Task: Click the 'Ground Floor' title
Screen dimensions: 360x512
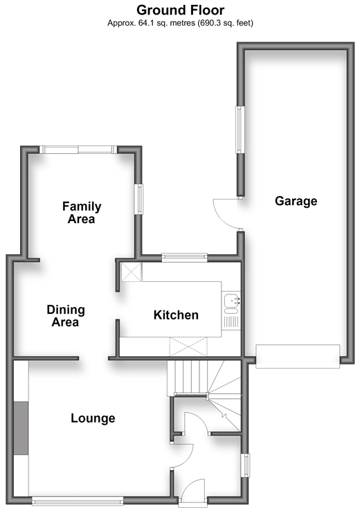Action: [180, 10]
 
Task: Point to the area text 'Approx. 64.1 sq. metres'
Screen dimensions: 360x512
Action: [151, 23]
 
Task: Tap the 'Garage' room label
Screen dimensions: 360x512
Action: [296, 201]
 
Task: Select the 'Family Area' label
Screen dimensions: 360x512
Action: [82, 213]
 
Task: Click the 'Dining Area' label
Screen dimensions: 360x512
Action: [66, 316]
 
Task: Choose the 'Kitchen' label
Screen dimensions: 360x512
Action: [176, 315]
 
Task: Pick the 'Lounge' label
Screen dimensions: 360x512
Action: [93, 418]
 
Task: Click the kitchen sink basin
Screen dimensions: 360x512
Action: [232, 301]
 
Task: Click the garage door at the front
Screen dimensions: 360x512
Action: [298, 356]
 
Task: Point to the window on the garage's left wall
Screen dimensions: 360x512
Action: [240, 130]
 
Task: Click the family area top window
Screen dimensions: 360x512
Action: [78, 150]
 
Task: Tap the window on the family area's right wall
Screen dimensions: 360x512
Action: [138, 199]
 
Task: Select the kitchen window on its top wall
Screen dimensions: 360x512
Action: [185, 258]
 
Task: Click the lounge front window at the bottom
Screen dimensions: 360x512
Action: [78, 501]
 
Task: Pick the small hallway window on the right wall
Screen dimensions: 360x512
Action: [245, 466]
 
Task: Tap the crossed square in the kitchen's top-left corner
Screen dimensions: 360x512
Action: [132, 272]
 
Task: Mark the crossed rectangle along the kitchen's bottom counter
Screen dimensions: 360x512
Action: [188, 347]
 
